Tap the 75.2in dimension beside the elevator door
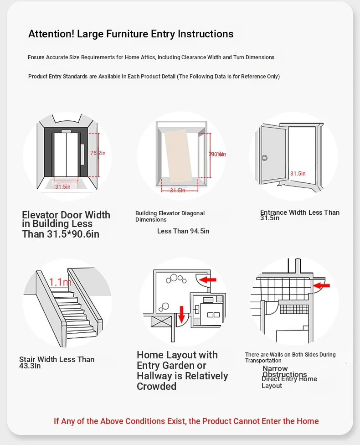[98, 153]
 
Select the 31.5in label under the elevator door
[63, 186]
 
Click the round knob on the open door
[264, 158]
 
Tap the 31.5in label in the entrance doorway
[298, 174]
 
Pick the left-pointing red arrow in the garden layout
[209, 279]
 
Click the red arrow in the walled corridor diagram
[322, 286]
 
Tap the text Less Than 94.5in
[183, 231]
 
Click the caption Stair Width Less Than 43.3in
[57, 362]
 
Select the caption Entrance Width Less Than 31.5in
[300, 215]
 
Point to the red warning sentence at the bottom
[186, 421]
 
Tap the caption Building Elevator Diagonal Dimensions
[170, 216]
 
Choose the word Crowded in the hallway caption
[156, 386]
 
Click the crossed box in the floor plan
[161, 321]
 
